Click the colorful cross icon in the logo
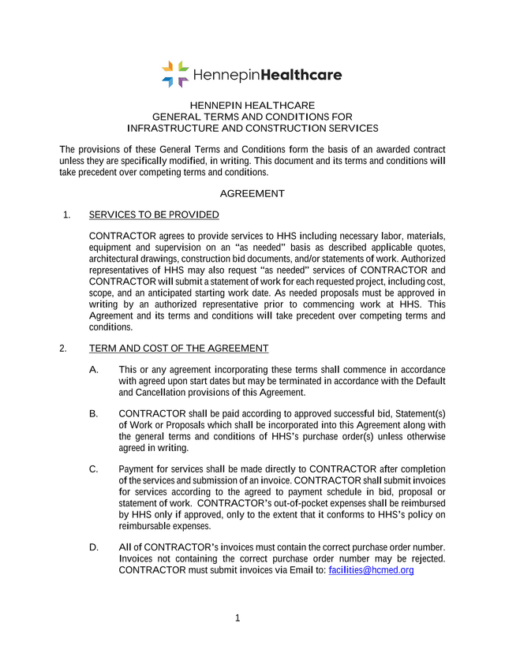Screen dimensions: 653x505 [x=175, y=74]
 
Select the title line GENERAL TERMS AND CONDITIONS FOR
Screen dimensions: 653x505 [x=252, y=117]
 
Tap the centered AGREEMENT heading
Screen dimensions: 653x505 [x=252, y=193]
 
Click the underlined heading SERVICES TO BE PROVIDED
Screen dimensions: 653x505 [x=154, y=215]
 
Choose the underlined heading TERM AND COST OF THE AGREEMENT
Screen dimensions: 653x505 [x=178, y=348]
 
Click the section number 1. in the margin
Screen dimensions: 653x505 [x=67, y=215]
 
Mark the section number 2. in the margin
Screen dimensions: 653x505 [x=63, y=348]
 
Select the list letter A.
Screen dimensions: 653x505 [x=94, y=370]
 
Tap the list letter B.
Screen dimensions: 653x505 [x=94, y=414]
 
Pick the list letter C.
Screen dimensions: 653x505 [x=94, y=469]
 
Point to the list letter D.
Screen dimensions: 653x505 [x=94, y=547]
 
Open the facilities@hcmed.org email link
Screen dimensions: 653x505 [x=371, y=570]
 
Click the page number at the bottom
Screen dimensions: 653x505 [x=237, y=618]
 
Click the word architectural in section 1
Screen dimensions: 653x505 [x=118, y=259]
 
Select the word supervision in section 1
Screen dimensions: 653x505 [x=174, y=248]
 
